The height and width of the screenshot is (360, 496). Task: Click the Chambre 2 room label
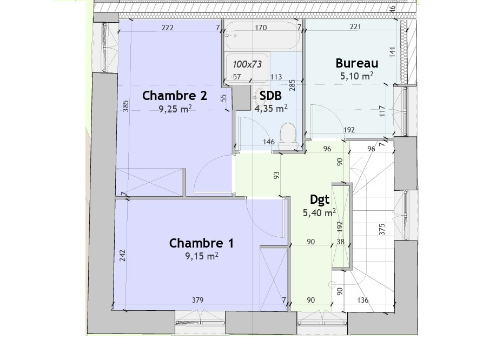tap(175, 96)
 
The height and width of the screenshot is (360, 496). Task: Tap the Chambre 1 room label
tap(202, 243)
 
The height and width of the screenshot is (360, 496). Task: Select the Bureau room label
tap(357, 63)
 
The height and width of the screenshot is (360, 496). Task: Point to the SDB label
tap(270, 96)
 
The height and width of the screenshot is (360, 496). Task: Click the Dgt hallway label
tap(320, 199)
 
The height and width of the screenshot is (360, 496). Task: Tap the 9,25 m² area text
tap(175, 109)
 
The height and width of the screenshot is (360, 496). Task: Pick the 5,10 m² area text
tap(356, 76)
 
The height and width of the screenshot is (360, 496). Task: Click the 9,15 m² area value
tap(202, 256)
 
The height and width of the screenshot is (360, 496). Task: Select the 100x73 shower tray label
tap(247, 64)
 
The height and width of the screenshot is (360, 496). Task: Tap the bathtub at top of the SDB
tap(262, 36)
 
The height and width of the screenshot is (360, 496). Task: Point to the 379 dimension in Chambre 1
tap(198, 300)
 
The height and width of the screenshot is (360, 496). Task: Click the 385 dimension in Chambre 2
tap(125, 106)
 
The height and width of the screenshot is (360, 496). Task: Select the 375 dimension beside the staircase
tap(382, 229)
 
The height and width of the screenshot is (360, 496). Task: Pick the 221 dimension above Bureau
tap(355, 26)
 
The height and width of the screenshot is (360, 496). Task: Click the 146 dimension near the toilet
tap(269, 142)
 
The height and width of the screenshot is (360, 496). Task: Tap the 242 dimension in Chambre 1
tap(123, 256)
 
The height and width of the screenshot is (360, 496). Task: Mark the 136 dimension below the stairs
tap(363, 300)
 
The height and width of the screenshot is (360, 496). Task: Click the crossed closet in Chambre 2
tap(150, 182)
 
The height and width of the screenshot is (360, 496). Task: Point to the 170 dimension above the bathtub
tap(261, 28)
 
